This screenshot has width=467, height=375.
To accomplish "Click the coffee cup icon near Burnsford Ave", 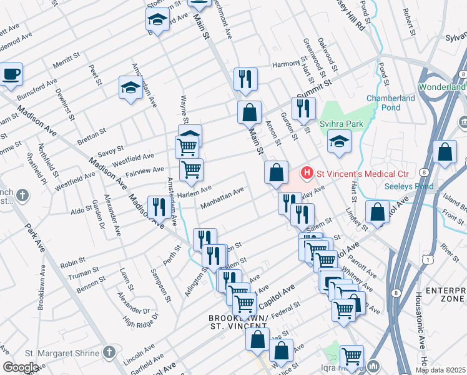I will pyautogui.click(x=11, y=74).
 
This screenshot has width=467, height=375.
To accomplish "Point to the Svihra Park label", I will pyautogui.click(x=341, y=124).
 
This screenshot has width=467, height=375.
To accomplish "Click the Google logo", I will pyautogui.click(x=20, y=367).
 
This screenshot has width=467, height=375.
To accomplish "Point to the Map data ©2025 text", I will pyautogui.click(x=440, y=370).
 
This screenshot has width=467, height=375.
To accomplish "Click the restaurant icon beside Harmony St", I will pyautogui.click(x=244, y=79).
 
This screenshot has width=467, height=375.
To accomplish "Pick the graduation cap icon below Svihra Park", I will pyautogui.click(x=339, y=142).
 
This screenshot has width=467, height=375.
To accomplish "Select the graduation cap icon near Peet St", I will pyautogui.click(x=130, y=87).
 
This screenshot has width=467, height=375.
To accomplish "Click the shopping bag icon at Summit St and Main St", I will pyautogui.click(x=249, y=112).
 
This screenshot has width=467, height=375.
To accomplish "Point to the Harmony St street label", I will pyautogui.click(x=287, y=64).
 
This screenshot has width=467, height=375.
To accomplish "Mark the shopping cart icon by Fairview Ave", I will pyautogui.click(x=191, y=168).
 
